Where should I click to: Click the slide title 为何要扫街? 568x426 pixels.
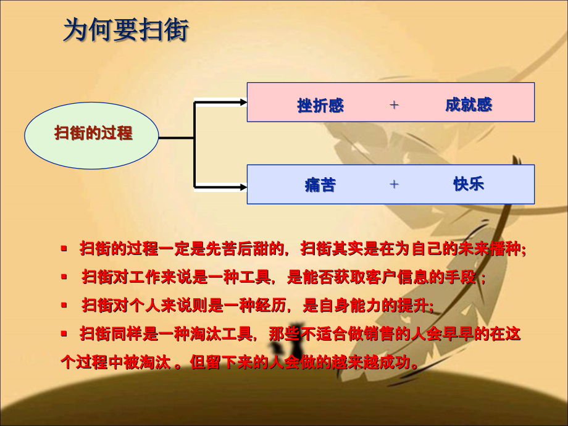[x=125, y=30]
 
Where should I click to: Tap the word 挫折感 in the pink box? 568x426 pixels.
[x=320, y=106]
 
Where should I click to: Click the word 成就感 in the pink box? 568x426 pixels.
[x=469, y=104]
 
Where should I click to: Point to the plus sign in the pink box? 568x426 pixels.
[x=394, y=105]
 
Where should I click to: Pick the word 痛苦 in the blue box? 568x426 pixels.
[x=320, y=185]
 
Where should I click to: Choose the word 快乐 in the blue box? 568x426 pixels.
[x=469, y=183]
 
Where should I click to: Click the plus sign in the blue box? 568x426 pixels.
[x=394, y=184]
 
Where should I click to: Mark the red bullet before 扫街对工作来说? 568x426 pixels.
[x=64, y=277]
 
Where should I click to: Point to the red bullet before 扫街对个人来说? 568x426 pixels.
[x=64, y=305]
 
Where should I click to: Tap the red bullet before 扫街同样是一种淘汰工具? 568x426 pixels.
[x=64, y=333]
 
